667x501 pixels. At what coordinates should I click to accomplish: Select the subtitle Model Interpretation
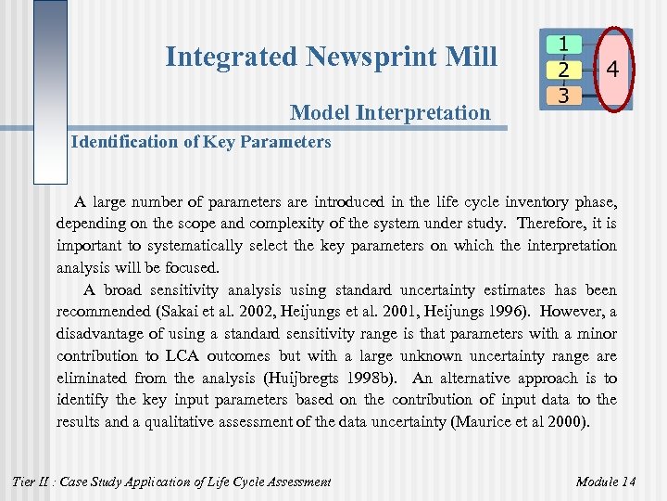coord(390,113)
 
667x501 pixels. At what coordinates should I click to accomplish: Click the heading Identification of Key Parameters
coord(201,142)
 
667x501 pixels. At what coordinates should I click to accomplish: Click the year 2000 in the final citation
coord(566,422)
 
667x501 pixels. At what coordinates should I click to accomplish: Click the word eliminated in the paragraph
coord(92,378)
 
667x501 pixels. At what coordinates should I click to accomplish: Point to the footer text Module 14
coord(605,481)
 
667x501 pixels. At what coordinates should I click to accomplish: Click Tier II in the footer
coord(31,481)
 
